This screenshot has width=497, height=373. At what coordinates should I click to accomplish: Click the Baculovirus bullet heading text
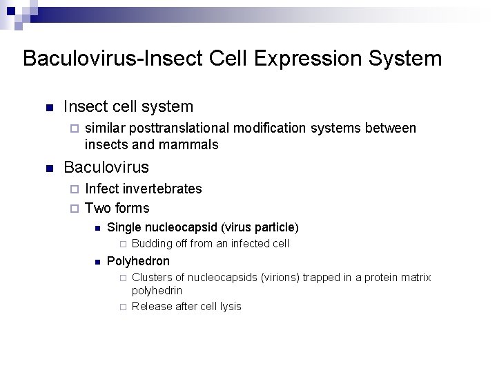106,167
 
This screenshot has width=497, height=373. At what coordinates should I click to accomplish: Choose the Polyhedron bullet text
139,260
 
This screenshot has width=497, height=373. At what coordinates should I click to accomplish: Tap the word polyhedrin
157,291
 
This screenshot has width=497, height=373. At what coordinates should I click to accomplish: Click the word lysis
228,306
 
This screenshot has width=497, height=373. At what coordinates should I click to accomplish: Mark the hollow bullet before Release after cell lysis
121,307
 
